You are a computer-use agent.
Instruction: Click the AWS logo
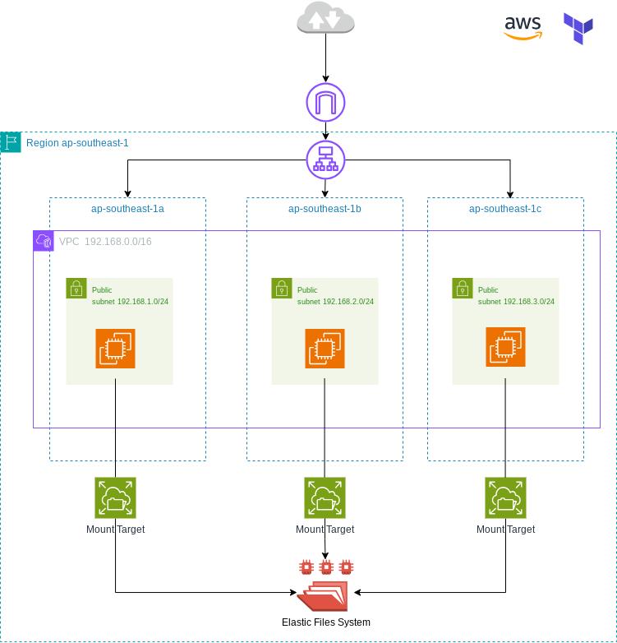523,28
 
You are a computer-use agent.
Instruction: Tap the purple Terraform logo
578,28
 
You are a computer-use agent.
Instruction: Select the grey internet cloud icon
325,17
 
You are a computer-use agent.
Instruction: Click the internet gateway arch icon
325,103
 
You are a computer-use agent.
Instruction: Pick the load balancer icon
325,160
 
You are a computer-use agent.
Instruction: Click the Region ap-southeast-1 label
77,143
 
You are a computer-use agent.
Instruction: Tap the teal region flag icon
11,142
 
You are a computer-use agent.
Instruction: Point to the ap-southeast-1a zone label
127,209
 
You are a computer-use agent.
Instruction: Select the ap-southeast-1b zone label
325,209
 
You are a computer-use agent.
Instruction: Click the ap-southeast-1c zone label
505,209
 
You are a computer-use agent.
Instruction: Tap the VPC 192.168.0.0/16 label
105,242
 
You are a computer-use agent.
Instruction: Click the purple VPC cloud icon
44,241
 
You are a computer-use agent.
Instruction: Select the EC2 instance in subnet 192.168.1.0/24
116,349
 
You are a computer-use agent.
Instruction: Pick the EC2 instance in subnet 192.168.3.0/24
505,347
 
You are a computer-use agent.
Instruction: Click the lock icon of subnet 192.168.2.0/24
282,289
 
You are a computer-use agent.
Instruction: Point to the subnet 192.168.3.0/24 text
516,302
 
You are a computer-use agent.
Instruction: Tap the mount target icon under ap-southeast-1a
116,497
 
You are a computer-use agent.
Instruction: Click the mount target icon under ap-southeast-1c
505,497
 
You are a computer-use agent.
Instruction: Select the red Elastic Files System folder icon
324,595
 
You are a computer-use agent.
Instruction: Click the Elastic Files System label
326,622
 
